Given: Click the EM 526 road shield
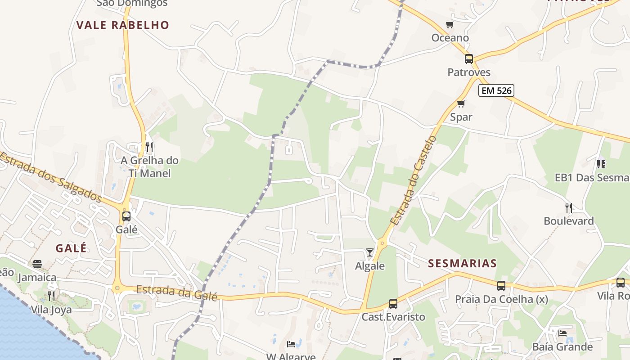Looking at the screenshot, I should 496,90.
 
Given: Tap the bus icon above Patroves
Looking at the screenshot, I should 469,59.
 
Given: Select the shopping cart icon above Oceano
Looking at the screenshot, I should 450,24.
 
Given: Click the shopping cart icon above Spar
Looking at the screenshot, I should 461,104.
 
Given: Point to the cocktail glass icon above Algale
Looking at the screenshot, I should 370,252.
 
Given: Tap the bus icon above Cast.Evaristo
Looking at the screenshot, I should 393,304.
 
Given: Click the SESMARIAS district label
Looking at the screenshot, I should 462,264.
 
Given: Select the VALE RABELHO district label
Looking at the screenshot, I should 122,25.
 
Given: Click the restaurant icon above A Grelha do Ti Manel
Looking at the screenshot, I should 149,147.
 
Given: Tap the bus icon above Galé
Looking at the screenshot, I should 126,216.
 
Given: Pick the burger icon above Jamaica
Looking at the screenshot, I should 37,264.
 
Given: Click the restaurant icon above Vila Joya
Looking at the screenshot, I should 51,296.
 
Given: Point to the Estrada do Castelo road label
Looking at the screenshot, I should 413,180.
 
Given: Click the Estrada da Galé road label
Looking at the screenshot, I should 176,292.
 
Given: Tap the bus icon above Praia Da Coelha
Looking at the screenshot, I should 501,286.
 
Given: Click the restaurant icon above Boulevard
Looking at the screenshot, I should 569,207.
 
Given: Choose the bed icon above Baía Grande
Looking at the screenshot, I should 562,333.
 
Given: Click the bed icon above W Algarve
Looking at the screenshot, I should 291,344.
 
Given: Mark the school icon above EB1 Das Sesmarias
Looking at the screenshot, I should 601,164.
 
